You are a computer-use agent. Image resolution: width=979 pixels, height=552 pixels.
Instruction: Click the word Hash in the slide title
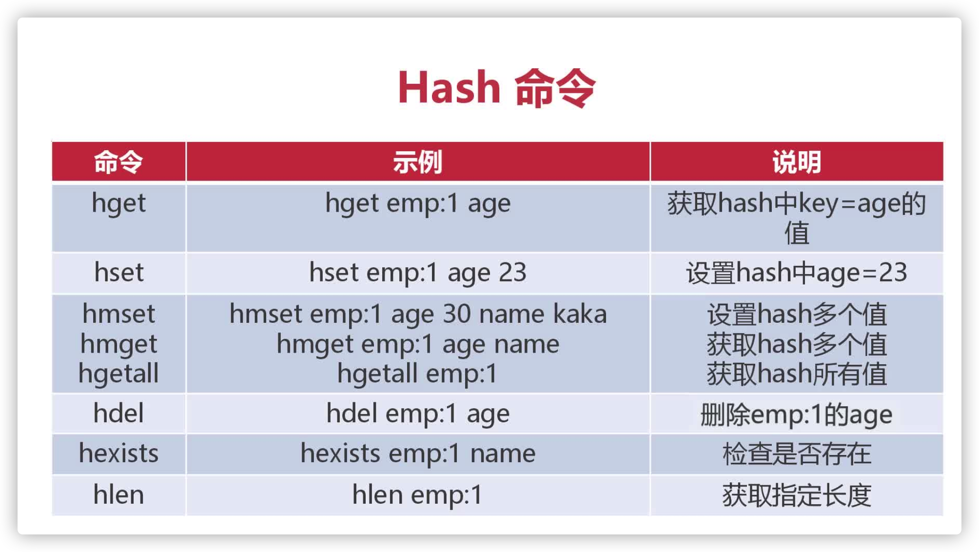pos(449,88)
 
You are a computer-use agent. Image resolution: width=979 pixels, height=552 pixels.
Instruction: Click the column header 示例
pos(417,162)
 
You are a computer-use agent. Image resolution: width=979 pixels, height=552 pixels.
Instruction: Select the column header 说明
pos(796,162)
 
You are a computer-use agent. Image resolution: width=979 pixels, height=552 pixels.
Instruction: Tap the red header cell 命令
pos(118,162)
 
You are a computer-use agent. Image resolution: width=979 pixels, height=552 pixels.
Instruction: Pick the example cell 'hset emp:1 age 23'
pos(417,273)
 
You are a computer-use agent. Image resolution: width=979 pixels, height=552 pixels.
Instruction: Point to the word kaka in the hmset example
pos(580,314)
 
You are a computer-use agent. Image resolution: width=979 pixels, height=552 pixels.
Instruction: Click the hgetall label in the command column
pos(118,374)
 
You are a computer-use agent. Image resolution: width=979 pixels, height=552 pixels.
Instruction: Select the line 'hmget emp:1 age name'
pos(417,344)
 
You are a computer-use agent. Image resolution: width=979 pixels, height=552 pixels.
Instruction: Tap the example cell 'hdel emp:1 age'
pos(417,414)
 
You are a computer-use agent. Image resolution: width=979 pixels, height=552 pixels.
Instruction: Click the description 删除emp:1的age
pos(796,415)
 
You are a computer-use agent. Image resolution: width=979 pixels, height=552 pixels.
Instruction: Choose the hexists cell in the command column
pos(118,453)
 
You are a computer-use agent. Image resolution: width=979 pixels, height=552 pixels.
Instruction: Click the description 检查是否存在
pos(796,454)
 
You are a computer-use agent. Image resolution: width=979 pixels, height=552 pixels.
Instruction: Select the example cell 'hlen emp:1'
pos(417,495)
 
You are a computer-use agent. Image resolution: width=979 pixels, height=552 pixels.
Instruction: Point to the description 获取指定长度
pos(796,495)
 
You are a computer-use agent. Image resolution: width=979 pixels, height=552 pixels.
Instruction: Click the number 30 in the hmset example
pos(456,314)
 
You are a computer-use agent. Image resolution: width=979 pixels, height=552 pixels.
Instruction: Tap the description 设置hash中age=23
pos(796,273)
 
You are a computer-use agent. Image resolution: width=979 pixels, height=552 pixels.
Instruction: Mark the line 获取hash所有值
pos(796,374)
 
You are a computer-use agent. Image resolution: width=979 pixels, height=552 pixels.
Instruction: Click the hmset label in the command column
pos(118,314)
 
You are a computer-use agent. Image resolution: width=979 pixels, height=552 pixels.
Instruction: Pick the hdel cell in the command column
pos(118,414)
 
